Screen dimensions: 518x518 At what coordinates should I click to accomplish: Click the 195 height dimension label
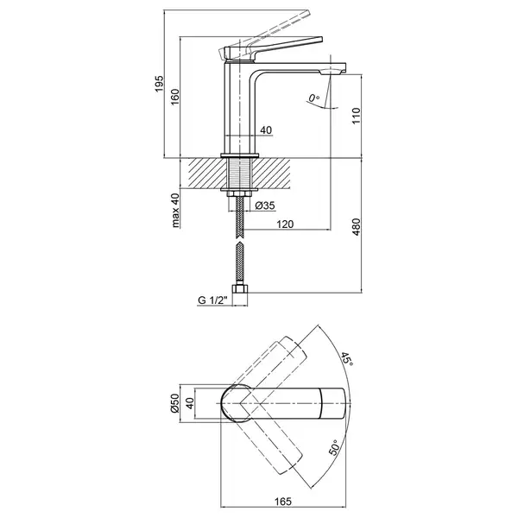[159, 84]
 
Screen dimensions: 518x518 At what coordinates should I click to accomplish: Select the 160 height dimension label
[175, 97]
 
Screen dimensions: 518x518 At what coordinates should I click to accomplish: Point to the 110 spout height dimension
[356, 116]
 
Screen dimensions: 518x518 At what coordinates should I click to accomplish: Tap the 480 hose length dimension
[356, 226]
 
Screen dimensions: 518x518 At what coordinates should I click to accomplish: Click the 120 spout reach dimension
[285, 224]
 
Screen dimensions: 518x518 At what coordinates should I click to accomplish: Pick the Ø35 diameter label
[265, 205]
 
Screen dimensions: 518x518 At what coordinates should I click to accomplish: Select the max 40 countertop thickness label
[175, 210]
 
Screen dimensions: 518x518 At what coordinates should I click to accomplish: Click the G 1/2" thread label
[212, 300]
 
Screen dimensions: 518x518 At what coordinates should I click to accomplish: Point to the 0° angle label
[314, 98]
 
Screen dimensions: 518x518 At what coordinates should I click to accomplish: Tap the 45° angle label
[347, 359]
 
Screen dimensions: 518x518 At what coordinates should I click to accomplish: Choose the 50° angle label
[334, 447]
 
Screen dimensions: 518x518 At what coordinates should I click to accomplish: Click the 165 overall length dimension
[283, 501]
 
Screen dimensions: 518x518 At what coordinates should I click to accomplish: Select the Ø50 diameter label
[174, 403]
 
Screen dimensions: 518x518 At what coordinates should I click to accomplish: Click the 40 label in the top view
[189, 403]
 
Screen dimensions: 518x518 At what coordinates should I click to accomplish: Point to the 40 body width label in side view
[266, 130]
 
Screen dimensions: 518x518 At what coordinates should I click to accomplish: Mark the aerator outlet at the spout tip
[331, 72]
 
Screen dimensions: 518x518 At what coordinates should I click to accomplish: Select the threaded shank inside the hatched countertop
[240, 174]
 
